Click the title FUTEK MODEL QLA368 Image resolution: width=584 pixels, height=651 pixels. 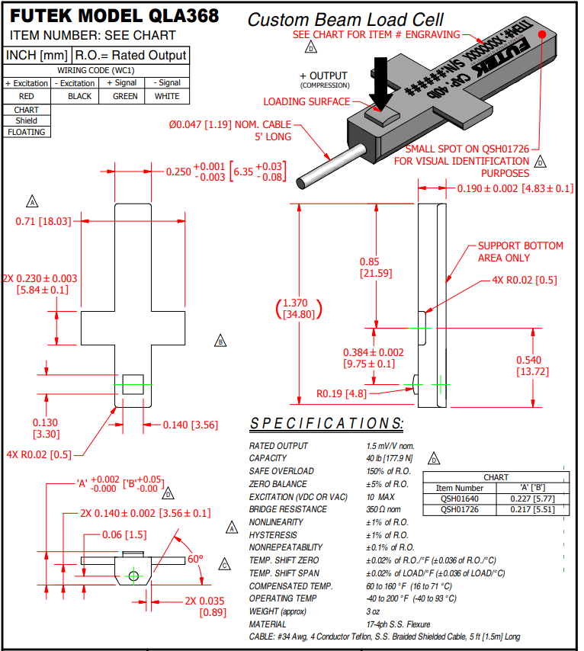(x=114, y=16)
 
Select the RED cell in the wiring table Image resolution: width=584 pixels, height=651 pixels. (x=27, y=96)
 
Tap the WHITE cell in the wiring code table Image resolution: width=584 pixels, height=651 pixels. (x=167, y=96)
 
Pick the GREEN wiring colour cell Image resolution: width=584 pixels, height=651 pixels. (x=125, y=96)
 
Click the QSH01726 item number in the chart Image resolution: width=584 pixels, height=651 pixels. (x=460, y=509)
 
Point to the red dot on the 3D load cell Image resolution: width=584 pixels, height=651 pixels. (x=541, y=34)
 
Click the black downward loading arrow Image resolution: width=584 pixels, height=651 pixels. (x=380, y=88)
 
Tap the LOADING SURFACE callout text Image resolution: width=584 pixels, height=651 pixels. (x=306, y=101)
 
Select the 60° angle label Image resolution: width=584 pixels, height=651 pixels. (x=196, y=560)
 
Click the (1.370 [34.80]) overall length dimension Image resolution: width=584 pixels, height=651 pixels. (x=299, y=308)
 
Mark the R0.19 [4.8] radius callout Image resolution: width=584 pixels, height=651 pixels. (x=342, y=394)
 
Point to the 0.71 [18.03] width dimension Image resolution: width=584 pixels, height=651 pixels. (x=43, y=222)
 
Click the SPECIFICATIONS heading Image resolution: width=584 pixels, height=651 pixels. (x=327, y=424)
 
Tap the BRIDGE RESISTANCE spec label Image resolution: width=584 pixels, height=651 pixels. (x=288, y=509)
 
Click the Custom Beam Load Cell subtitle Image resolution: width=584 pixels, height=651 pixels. (x=345, y=20)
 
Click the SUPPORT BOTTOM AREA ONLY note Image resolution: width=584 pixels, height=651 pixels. (x=520, y=252)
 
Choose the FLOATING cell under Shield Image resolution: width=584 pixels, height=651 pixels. (x=27, y=132)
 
